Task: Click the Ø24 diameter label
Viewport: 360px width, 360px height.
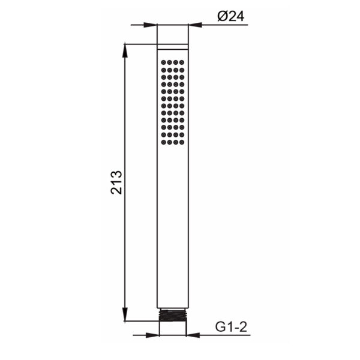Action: [231, 16]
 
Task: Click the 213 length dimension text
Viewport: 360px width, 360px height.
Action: [116, 182]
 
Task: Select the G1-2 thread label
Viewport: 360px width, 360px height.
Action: [231, 327]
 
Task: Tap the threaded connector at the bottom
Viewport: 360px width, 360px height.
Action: [173, 316]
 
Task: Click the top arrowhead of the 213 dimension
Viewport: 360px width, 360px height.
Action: [125, 50]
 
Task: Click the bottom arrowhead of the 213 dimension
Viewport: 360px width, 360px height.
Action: [125, 314]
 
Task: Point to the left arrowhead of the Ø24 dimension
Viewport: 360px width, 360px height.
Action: [150, 25]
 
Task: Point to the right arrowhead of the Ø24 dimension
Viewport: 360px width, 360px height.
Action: [195, 25]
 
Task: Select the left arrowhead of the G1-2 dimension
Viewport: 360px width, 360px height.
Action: [152, 335]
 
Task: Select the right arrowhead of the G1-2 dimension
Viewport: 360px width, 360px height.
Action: [193, 335]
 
